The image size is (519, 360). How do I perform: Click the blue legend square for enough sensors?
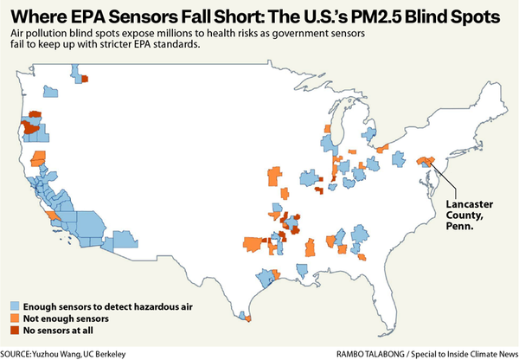click(16, 306)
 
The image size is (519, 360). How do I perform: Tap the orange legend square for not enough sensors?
click(16, 318)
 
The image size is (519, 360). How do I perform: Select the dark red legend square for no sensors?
click(16, 330)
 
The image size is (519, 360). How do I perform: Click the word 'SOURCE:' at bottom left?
click(18, 353)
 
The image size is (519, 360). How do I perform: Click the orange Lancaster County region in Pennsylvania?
click(426, 161)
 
